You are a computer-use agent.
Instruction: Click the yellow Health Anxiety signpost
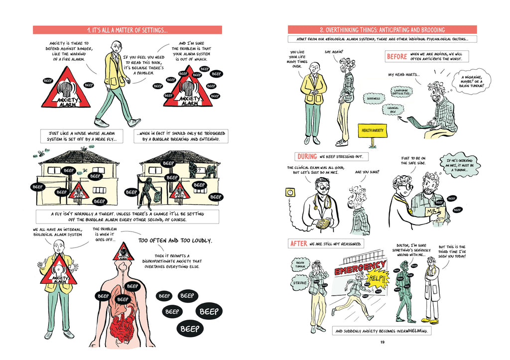(371, 131)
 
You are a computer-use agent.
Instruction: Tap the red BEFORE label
(397, 57)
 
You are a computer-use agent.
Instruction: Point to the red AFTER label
(299, 244)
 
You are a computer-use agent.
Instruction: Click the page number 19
(382, 342)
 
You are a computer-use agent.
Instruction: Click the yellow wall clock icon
(289, 192)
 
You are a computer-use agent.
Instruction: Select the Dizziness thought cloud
(373, 99)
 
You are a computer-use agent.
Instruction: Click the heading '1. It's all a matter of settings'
(127, 30)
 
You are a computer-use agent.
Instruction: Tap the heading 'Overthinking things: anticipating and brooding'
(382, 30)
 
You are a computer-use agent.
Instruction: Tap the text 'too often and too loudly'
(175, 240)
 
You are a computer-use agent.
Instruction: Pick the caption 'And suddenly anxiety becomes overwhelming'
(382, 331)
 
